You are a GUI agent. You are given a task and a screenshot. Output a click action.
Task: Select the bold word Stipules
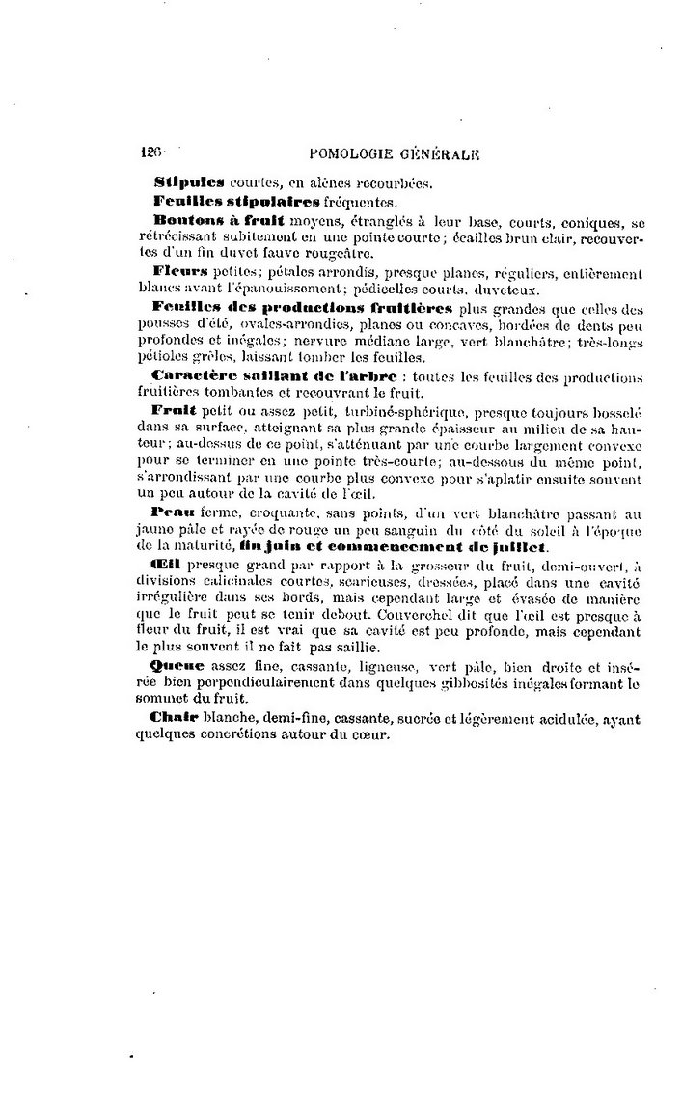tap(189, 182)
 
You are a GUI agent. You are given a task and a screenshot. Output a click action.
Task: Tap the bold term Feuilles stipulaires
tap(236, 202)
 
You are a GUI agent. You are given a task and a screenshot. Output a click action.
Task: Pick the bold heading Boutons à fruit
tap(210, 221)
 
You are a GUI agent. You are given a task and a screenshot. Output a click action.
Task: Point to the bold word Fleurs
tap(181, 271)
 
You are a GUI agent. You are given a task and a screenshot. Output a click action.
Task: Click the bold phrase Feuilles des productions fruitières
tap(302, 306)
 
